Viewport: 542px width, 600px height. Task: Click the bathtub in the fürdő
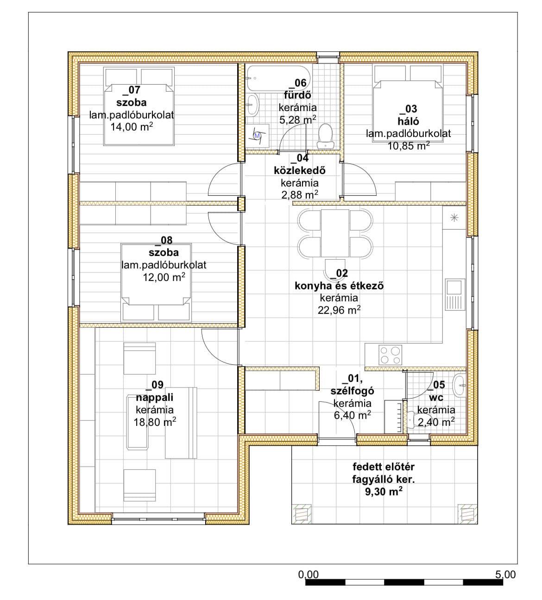pyautogui.click(x=279, y=78)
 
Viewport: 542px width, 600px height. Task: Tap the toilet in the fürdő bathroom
pyautogui.click(x=326, y=137)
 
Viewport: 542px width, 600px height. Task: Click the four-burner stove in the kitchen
pyautogui.click(x=390, y=355)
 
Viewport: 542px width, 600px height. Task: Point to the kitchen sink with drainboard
pyautogui.click(x=455, y=294)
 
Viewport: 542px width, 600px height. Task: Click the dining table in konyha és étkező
pyautogui.click(x=335, y=233)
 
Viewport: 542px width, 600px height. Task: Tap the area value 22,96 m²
pyautogui.click(x=339, y=310)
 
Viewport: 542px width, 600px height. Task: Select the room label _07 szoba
pyautogui.click(x=132, y=96)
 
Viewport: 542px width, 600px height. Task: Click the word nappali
pyautogui.click(x=155, y=398)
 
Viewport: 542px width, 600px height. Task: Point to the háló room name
pyautogui.click(x=408, y=121)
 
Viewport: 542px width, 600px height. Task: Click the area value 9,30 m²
pyautogui.click(x=384, y=492)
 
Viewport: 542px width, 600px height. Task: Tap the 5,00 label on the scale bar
pyautogui.click(x=505, y=575)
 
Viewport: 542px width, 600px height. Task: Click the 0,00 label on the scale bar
pyautogui.click(x=309, y=575)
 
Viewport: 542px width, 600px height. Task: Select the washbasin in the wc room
pyautogui.click(x=459, y=386)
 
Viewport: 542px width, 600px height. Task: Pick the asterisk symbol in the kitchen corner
pyautogui.click(x=454, y=218)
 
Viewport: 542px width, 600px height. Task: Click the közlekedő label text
pyautogui.click(x=300, y=170)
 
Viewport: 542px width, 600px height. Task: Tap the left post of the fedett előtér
pyautogui.click(x=302, y=514)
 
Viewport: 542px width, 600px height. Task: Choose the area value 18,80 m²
pyautogui.click(x=155, y=422)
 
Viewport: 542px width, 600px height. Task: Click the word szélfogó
pyautogui.click(x=352, y=391)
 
